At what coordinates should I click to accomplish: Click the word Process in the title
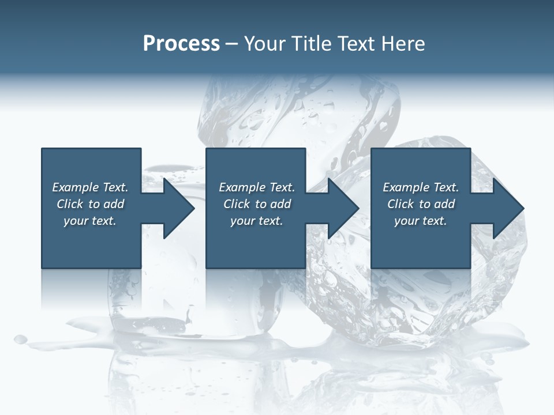[x=181, y=44]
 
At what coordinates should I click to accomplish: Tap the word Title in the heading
[x=306, y=44]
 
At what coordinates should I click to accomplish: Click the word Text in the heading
[x=354, y=44]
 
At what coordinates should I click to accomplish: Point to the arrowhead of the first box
[x=177, y=208]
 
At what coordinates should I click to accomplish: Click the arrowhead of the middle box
[x=341, y=208]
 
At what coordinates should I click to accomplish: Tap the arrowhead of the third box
[x=506, y=208]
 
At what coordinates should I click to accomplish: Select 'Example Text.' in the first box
[x=90, y=187]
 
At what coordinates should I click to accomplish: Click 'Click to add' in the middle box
[x=257, y=204]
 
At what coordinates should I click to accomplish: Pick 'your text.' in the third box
[x=421, y=221]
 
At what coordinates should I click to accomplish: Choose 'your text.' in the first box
[x=90, y=221]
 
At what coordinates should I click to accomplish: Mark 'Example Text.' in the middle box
[x=257, y=187]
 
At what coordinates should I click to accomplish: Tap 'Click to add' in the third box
[x=421, y=204]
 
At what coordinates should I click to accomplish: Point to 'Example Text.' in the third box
[x=421, y=187]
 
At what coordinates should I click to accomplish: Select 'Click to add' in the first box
[x=90, y=204]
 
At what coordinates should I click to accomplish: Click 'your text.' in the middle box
[x=257, y=221]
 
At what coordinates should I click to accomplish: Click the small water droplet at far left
[x=21, y=339]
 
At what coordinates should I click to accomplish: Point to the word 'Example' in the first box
[x=75, y=187]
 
